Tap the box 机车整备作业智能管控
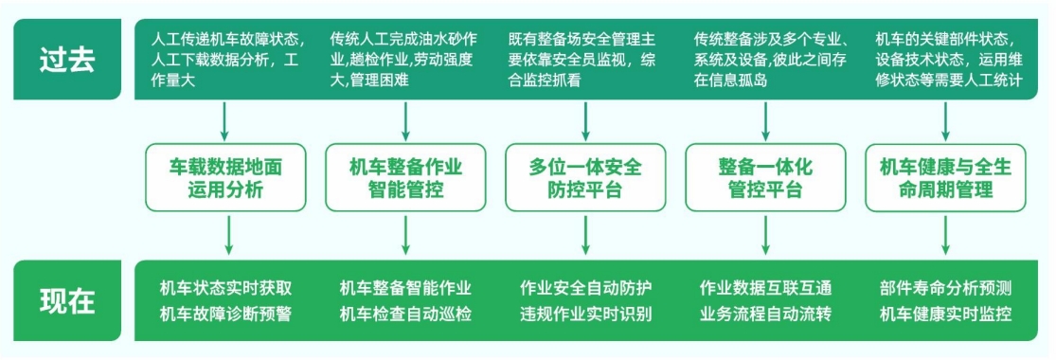405,177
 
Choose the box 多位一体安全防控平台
585,177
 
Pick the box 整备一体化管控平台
765,177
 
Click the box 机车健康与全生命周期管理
945,177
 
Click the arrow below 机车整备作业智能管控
405,234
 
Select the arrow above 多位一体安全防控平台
585,120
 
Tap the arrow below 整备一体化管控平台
765,234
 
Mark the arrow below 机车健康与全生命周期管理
945,234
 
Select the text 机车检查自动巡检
405,313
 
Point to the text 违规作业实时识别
585,313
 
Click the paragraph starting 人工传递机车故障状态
227,59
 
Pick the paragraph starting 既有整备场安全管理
585,59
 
